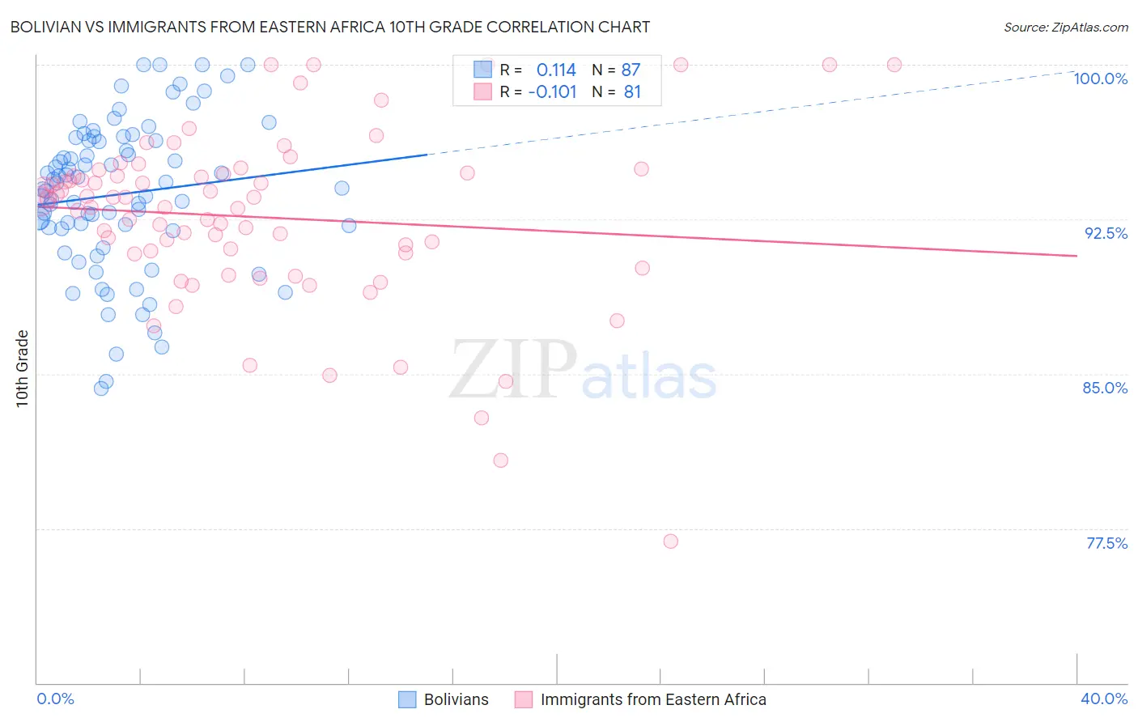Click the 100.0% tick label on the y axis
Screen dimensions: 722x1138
(x=1100, y=79)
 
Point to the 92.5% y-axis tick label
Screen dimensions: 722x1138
(x=1106, y=233)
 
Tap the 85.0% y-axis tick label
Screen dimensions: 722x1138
(x=1105, y=388)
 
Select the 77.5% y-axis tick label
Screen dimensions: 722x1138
(x=1106, y=543)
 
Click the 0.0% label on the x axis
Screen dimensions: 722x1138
(x=55, y=699)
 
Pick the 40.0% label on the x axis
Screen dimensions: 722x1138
(x=1104, y=699)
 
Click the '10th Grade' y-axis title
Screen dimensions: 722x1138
(x=23, y=369)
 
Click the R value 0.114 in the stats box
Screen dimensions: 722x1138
(x=556, y=70)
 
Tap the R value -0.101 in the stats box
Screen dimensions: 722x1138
(x=552, y=92)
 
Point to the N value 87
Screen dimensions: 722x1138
(x=631, y=70)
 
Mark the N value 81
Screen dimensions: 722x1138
(x=632, y=92)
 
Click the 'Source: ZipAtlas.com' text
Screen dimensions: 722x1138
(x=1065, y=28)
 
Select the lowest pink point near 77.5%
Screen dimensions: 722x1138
(x=670, y=541)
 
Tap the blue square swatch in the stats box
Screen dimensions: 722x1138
(x=482, y=70)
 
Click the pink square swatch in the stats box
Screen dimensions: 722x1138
(x=482, y=91)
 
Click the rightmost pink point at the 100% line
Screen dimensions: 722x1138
(x=894, y=65)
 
